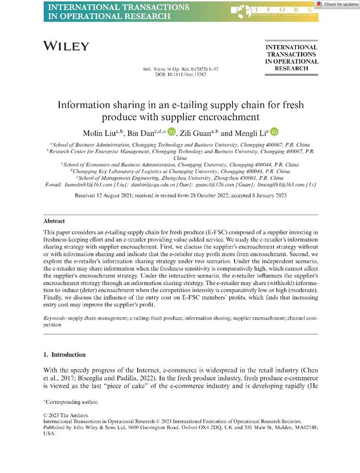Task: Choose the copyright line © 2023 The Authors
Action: [x=66, y=415]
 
